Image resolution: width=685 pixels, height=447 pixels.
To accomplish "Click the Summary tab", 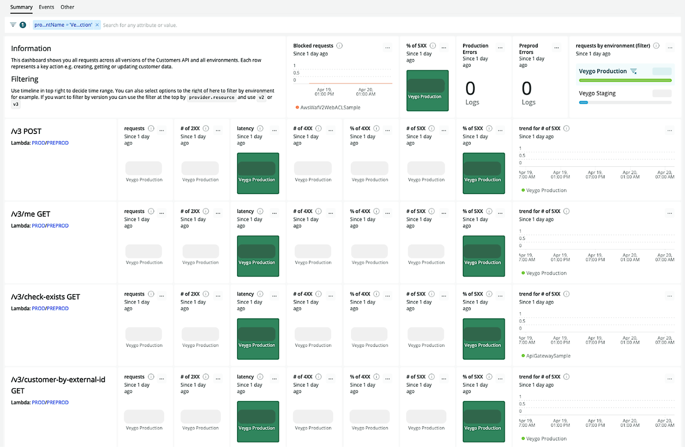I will pos(21,7).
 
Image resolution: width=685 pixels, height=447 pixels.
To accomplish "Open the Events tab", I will pos(46,7).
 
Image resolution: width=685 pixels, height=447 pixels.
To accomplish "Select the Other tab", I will pos(67,7).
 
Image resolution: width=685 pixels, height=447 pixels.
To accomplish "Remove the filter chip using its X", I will pos(97,25).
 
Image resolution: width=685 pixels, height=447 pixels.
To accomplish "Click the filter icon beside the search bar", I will pos(13,25).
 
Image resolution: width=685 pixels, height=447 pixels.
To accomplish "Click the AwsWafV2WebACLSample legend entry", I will pos(330,108).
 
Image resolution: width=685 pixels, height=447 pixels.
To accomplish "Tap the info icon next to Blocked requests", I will pos(340,46).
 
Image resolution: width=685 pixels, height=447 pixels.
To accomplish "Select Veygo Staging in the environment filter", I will pos(597,93).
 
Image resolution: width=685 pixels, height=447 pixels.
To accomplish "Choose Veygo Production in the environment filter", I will pos(603,71).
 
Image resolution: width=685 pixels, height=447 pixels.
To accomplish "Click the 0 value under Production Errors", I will pos(470,88).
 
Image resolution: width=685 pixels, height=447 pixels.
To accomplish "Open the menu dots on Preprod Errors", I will pos(557,47).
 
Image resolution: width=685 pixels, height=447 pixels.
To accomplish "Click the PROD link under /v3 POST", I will pos(38,143).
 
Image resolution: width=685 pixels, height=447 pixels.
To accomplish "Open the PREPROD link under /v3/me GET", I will pos(58,226).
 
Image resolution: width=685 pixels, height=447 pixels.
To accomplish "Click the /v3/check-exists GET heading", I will pos(46,297).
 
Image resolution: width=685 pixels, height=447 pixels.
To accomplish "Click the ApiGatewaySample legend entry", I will pos(548,356).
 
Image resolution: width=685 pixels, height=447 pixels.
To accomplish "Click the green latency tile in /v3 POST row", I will pos(258,173).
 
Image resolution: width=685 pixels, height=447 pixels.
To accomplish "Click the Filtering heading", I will pos(25,79).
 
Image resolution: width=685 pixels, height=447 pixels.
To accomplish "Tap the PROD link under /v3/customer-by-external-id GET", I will pos(38,402).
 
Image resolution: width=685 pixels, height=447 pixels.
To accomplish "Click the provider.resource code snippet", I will pos(212,98).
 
